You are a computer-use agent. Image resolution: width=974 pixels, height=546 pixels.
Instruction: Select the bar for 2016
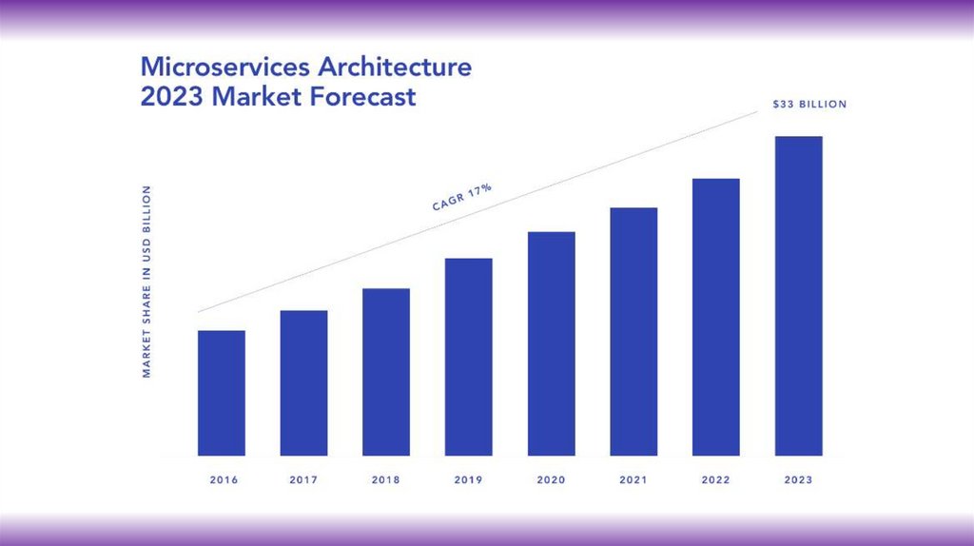click(x=222, y=393)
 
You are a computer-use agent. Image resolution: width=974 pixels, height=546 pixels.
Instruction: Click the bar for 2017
click(x=303, y=382)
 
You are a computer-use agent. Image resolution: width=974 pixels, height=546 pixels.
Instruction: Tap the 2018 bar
click(x=386, y=372)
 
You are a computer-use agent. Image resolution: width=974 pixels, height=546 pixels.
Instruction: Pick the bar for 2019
click(x=469, y=357)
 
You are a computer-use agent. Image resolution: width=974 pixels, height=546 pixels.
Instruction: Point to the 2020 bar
click(x=552, y=343)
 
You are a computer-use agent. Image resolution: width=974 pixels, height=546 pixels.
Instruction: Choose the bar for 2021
click(x=633, y=331)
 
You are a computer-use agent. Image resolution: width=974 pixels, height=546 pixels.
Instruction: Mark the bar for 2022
click(x=716, y=317)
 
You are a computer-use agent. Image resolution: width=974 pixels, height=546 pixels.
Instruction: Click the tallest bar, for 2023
click(x=799, y=296)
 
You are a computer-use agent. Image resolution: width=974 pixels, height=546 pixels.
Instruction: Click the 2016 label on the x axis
click(x=224, y=480)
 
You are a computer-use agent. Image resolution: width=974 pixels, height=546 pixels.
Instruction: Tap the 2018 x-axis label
click(x=386, y=480)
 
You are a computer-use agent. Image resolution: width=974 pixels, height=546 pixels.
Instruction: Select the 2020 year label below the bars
click(x=552, y=480)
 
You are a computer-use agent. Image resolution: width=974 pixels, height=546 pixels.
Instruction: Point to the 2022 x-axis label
click(x=716, y=480)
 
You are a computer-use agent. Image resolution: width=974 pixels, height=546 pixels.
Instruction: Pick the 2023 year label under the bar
click(x=799, y=480)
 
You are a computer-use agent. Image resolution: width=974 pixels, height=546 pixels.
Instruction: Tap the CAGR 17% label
click(x=462, y=196)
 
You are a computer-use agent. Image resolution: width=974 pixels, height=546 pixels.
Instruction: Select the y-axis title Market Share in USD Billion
click(x=147, y=282)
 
